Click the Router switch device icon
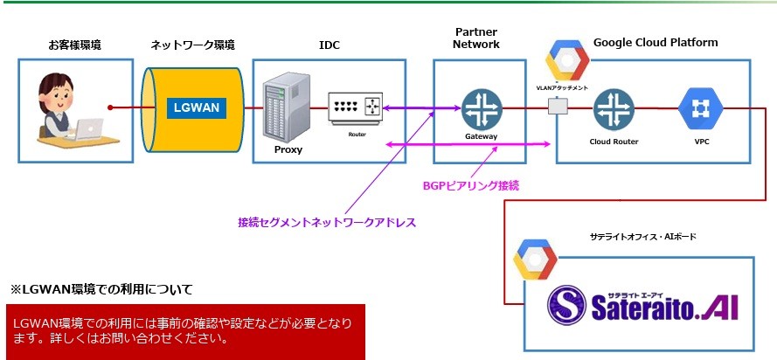click(356, 108)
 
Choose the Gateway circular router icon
click(480, 108)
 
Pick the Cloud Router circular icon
click(614, 108)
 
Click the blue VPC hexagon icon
click(699, 108)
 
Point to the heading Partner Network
click(477, 38)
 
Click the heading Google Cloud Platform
click(655, 42)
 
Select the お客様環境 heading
click(74, 44)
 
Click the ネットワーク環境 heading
click(192, 44)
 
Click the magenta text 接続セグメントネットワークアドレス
click(326, 223)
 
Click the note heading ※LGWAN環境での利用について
click(101, 288)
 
